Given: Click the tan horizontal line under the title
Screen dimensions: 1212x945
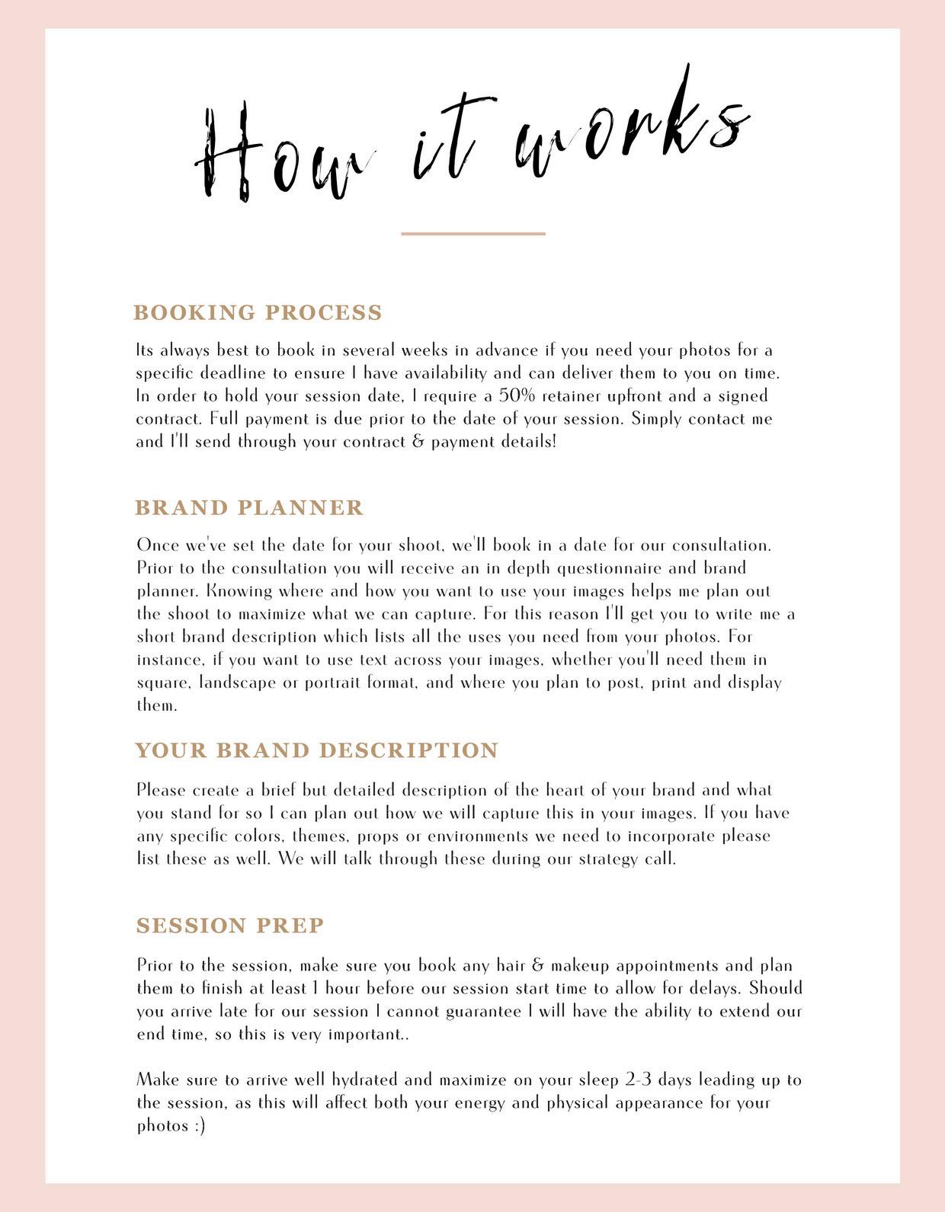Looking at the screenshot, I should (473, 233).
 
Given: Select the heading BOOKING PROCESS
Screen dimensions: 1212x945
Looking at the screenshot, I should (258, 312).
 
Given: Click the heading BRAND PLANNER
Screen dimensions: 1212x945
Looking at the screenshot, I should (249, 507).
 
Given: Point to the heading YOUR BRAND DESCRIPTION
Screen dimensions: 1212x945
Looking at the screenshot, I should (316, 750).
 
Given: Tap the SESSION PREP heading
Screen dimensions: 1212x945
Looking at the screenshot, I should (230, 926).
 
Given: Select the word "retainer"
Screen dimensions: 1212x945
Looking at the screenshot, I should (572, 396).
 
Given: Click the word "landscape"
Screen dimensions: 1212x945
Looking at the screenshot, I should (238, 683).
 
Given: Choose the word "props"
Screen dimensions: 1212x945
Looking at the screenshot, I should (378, 836).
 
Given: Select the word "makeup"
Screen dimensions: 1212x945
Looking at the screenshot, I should (580, 966).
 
